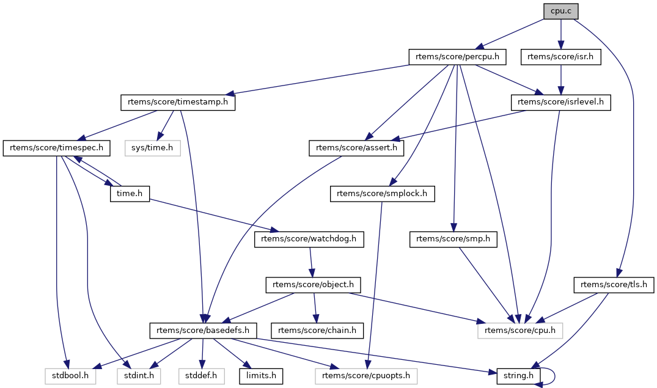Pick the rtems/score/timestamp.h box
pos(178,103)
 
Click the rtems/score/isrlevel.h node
pos(560,103)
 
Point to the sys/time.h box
pos(153,148)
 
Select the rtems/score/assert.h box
pos(356,148)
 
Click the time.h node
pos(130,194)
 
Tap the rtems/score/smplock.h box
pos(382,194)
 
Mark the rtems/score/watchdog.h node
pos(309,240)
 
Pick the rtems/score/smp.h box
pos(453,240)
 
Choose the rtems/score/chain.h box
pos(318,331)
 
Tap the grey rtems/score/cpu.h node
pos(519,331)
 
